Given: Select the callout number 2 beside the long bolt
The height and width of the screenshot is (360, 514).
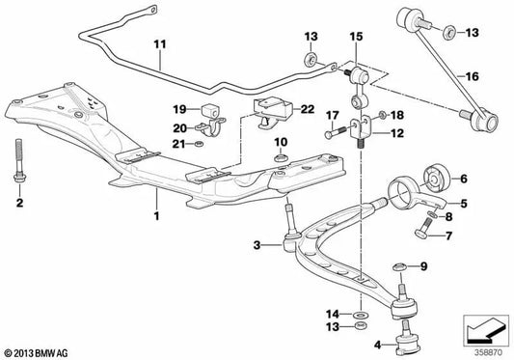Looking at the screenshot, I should [18, 205].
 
